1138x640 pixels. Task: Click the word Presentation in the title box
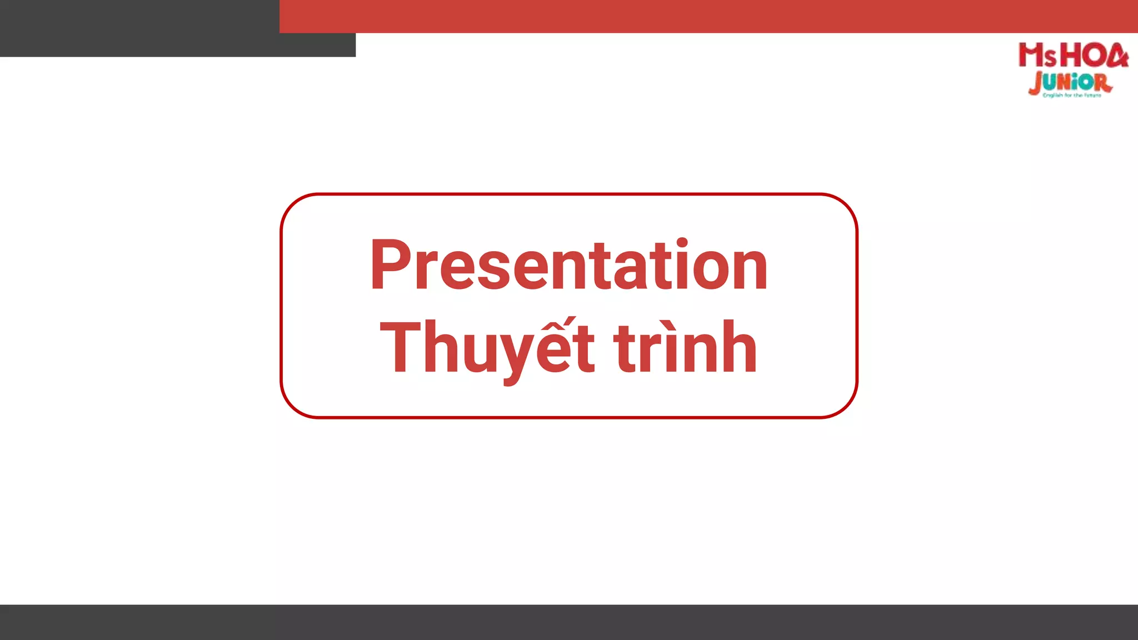568,266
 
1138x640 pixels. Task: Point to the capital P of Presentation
392,266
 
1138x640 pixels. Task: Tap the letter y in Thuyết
512,356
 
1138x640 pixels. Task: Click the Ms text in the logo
1037,56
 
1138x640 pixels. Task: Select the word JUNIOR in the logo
1070,83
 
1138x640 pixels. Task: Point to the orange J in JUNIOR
1035,84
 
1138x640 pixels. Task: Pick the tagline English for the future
1072,96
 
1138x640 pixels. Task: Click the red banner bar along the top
708,16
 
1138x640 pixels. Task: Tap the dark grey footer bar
569,622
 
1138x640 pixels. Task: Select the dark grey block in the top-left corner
139,28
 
